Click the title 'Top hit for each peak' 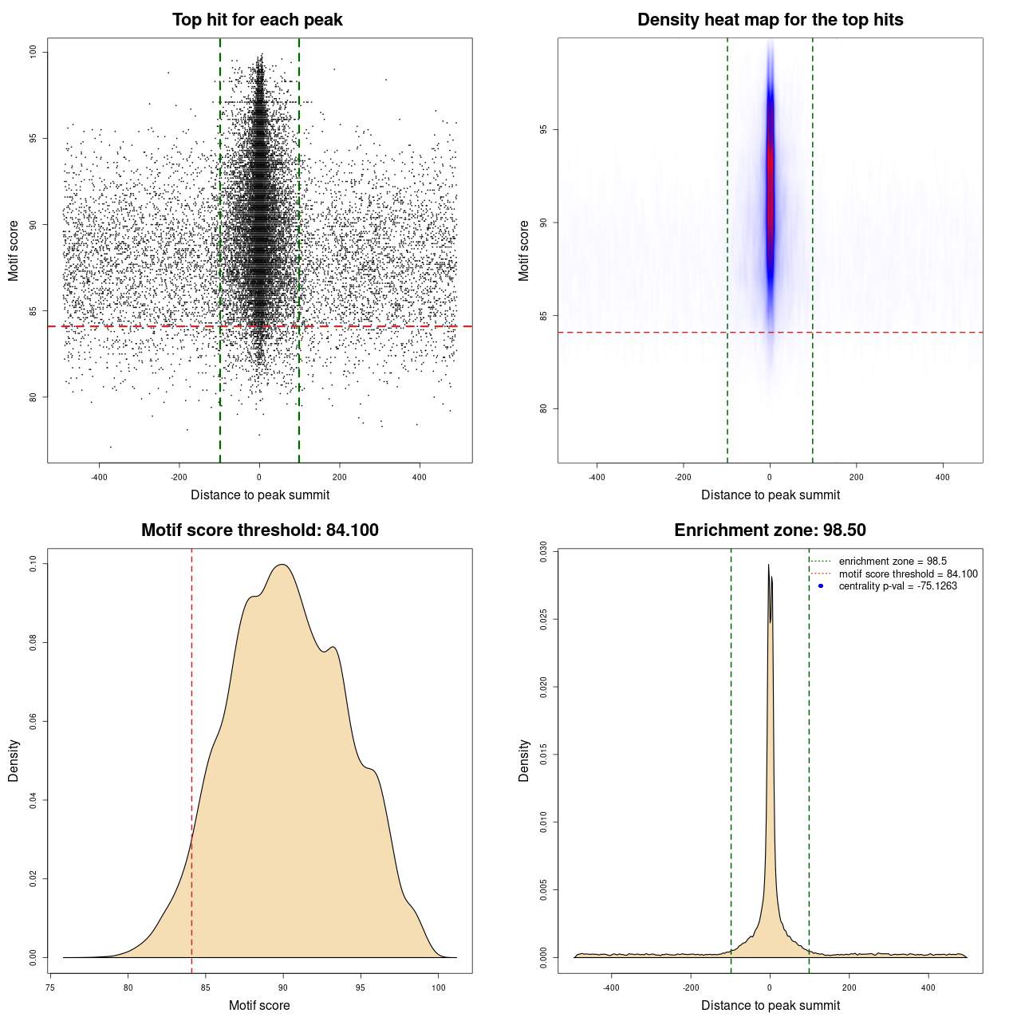pos(257,20)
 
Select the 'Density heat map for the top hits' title pos(770,20)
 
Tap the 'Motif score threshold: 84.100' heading pos(259,530)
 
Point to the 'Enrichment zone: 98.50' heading pos(770,530)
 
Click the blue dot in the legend pos(821,586)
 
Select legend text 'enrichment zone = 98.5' pos(893,562)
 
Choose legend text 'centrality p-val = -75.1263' pos(897,586)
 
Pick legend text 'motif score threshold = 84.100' pos(908,574)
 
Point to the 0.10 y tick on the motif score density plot pos(33,564)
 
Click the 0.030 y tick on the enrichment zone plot pos(543,552)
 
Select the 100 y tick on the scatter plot pos(33,52)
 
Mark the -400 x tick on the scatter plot pos(99,477)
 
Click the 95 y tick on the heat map pos(543,129)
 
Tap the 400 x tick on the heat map pos(943,477)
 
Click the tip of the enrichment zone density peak pos(769,565)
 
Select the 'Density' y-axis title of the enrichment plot pos(524,760)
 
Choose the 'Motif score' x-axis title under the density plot pos(259,1005)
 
